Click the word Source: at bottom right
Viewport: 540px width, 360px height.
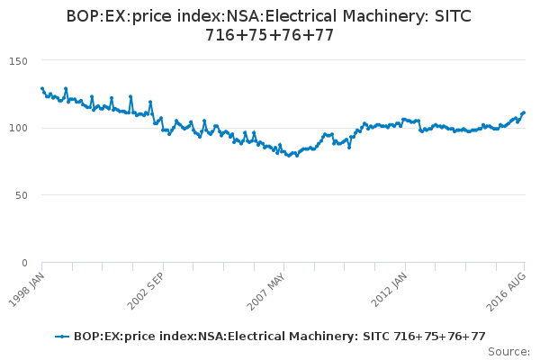(x=509, y=351)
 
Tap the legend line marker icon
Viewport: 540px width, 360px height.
(x=62, y=337)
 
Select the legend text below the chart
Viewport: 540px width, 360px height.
(x=279, y=337)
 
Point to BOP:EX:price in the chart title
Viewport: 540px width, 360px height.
(x=116, y=17)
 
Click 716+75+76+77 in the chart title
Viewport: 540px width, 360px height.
(x=270, y=37)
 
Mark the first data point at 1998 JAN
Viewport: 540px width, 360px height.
(x=42, y=88)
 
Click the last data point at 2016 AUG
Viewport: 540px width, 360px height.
(x=524, y=112)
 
